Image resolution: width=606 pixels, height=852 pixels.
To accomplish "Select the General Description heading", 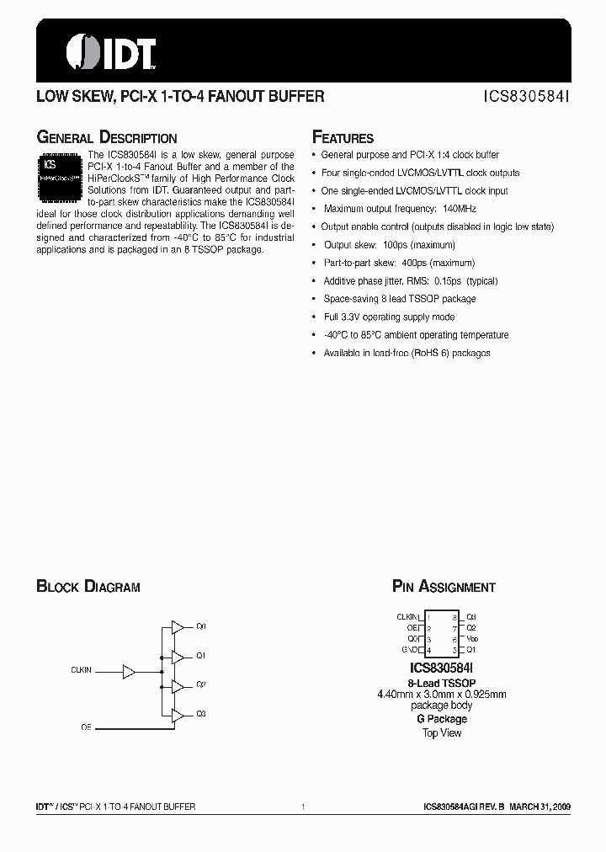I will pyautogui.click(x=107, y=138).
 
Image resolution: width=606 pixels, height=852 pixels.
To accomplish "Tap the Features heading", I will pyautogui.click(x=343, y=138).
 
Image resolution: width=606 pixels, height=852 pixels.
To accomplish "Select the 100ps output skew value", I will pyautogui.click(x=396, y=245).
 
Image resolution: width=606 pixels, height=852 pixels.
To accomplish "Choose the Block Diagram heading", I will pyautogui.click(x=88, y=587).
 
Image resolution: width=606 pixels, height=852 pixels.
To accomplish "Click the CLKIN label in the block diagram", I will pyautogui.click(x=82, y=671).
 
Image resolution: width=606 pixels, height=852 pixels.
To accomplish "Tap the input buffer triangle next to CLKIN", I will pyautogui.click(x=129, y=671).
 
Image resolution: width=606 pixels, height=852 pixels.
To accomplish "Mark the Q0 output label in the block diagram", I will pyautogui.click(x=201, y=627).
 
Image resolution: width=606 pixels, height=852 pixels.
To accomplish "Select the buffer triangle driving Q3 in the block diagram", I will pyautogui.click(x=178, y=715).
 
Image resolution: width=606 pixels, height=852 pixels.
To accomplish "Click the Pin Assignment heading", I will pyautogui.click(x=444, y=587).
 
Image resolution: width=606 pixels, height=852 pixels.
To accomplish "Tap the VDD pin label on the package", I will pyautogui.click(x=471, y=639).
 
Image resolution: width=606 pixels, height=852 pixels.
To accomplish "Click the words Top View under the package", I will pyautogui.click(x=441, y=732).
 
